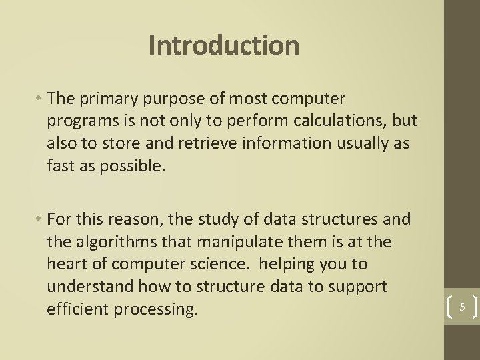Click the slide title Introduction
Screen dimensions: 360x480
[224, 45]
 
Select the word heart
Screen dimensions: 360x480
[65, 265]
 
